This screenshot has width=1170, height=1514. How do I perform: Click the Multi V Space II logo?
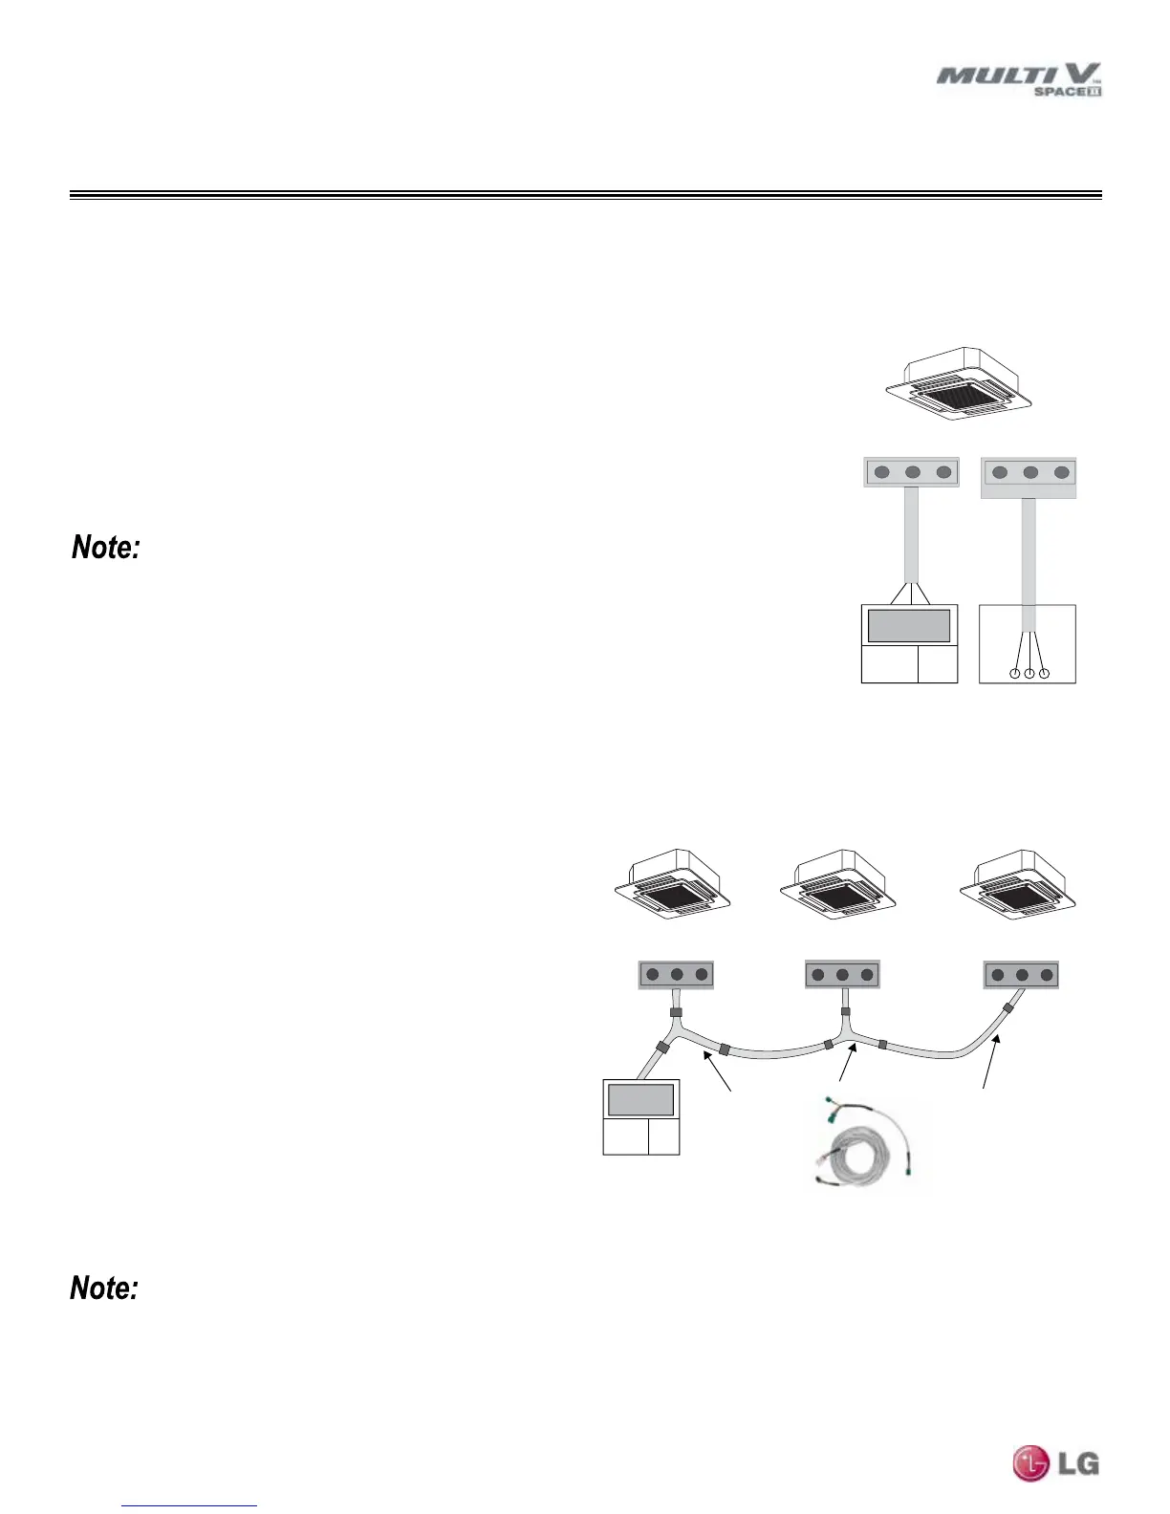[x=1019, y=79]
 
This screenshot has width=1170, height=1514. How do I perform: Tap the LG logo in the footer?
[x=1056, y=1463]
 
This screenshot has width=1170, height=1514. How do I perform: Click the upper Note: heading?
[x=106, y=548]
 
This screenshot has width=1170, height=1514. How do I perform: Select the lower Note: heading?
[x=104, y=1287]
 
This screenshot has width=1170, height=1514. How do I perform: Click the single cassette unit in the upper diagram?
[x=959, y=383]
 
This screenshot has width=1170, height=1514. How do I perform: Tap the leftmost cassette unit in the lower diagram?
[x=673, y=884]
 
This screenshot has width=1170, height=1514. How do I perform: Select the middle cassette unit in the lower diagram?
[x=838, y=884]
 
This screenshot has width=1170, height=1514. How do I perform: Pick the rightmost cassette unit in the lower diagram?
[x=1018, y=884]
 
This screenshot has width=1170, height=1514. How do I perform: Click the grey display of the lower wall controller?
[x=640, y=1099]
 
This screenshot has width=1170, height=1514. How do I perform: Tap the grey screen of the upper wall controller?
[x=908, y=625]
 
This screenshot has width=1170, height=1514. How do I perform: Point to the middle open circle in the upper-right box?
[x=1029, y=674]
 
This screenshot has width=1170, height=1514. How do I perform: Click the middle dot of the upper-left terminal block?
[x=912, y=472]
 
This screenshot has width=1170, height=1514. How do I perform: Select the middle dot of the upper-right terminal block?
[x=1029, y=472]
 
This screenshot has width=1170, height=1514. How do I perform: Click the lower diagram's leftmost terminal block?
[x=676, y=975]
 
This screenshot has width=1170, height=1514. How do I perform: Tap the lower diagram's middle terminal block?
[x=842, y=975]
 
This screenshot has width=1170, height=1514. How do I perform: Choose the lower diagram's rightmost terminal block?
[x=1022, y=975]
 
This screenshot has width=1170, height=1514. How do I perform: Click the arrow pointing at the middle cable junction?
[x=845, y=1064]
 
